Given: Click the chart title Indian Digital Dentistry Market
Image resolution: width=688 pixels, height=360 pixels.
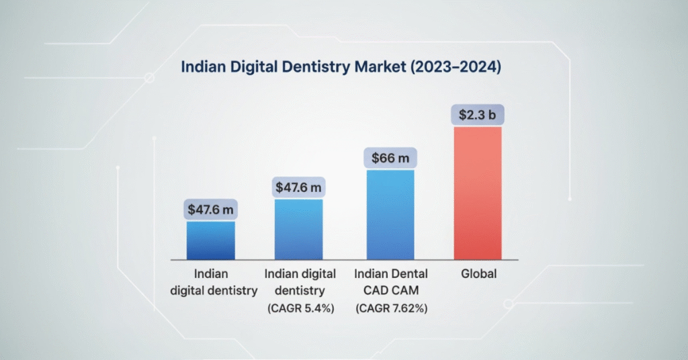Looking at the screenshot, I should point(344,67).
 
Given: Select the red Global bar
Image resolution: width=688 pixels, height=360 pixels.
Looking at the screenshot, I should point(478,193).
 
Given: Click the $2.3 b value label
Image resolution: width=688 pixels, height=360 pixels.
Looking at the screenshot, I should point(478,115).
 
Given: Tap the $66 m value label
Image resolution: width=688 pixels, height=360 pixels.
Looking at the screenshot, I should point(390,159).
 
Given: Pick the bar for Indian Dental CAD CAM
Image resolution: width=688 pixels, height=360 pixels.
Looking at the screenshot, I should point(390,215).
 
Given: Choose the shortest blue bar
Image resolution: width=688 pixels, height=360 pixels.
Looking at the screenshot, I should point(211,240).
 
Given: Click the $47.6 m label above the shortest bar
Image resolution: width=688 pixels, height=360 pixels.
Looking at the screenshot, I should point(211,210).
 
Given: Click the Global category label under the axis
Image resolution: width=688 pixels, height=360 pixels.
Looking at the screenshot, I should point(478,274).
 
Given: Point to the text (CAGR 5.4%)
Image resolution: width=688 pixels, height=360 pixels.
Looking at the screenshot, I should point(299,308).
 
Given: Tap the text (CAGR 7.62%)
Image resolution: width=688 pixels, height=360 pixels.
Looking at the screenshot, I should point(390,308).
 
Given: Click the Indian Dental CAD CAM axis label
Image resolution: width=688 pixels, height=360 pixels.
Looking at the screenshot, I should point(390,282).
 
